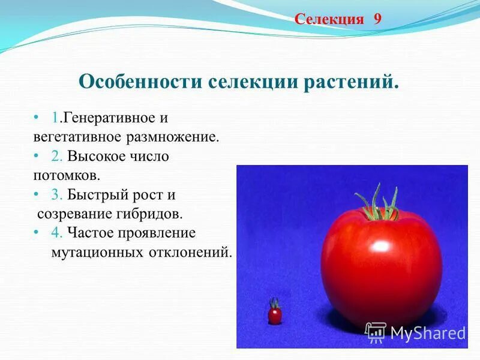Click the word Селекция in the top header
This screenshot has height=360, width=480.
329,19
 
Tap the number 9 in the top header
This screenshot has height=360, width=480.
377,19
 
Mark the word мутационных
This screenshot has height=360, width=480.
97,252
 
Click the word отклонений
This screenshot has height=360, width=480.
190,252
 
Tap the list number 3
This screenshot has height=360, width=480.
56,194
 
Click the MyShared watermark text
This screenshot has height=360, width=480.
428,332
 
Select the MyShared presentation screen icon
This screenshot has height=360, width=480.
376,332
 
